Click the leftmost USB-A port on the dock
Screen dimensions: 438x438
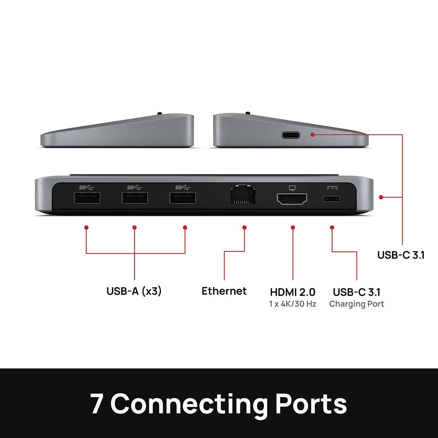point(87,198)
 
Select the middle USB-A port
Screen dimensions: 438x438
point(135,198)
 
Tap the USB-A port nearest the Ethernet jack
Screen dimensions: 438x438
point(183,198)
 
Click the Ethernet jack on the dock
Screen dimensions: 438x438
point(243,195)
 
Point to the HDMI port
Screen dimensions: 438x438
point(292,199)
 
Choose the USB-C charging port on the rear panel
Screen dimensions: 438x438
point(332,199)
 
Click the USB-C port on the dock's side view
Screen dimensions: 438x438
point(291,135)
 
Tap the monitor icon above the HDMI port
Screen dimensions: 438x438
point(292,188)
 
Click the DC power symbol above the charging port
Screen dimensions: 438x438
point(332,188)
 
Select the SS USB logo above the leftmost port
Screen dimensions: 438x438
point(86,188)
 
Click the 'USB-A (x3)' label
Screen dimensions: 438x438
point(134,291)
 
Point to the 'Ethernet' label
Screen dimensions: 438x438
point(224,291)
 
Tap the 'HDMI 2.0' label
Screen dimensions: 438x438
point(292,292)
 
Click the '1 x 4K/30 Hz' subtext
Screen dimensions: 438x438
point(292,304)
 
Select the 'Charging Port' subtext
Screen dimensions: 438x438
point(356,304)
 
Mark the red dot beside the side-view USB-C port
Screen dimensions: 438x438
point(312,135)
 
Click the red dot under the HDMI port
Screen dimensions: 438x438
point(293,227)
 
